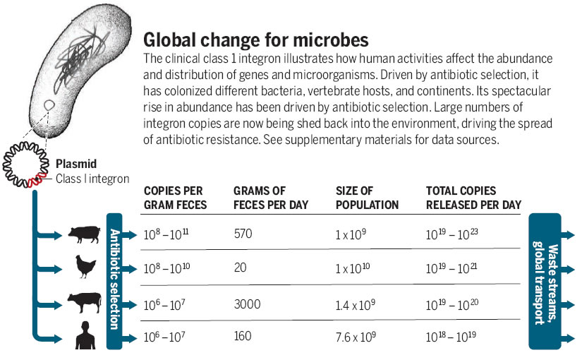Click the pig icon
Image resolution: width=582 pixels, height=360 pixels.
(84, 234)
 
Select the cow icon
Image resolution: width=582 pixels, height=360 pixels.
(84, 303)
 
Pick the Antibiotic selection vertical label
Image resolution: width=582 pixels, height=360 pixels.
(115, 280)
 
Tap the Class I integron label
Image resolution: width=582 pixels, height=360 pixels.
(92, 179)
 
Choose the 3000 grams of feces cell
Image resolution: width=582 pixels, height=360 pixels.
(247, 304)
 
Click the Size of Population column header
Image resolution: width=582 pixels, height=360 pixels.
(367, 198)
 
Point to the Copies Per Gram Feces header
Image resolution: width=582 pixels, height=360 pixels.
(175, 198)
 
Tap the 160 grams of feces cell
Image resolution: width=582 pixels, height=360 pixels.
(242, 336)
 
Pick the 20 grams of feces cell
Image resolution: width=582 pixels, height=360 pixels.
(240, 269)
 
